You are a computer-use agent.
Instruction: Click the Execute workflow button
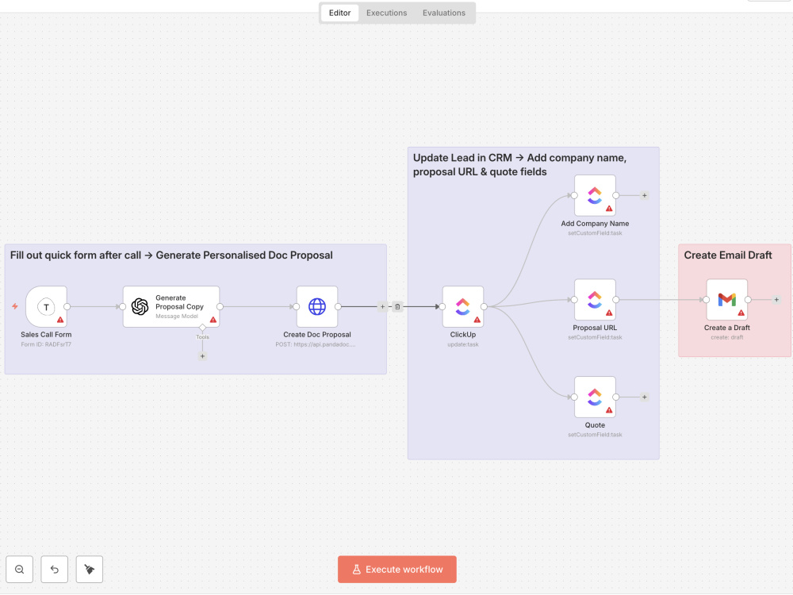click(397, 569)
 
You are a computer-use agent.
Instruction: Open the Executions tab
click(386, 13)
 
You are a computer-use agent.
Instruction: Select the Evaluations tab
click(443, 13)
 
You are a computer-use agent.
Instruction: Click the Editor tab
click(340, 13)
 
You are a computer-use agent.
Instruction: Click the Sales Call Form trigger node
click(47, 306)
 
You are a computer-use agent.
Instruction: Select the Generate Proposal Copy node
click(171, 306)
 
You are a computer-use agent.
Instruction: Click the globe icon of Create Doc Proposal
click(317, 306)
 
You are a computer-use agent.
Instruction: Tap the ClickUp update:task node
click(463, 306)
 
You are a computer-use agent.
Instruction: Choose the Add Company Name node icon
click(595, 195)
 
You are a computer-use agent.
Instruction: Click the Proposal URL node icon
click(595, 300)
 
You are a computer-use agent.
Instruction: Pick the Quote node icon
click(595, 397)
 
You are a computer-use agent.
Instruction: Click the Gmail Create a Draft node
click(726, 300)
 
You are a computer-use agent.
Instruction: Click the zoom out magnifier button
click(20, 569)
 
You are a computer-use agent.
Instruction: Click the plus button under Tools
click(202, 356)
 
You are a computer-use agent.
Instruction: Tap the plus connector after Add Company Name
click(644, 195)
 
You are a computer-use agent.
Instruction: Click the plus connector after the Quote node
click(644, 397)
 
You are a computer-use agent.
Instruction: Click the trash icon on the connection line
click(397, 306)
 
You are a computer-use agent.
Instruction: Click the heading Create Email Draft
click(728, 255)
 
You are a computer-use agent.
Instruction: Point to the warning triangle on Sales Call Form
click(61, 320)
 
